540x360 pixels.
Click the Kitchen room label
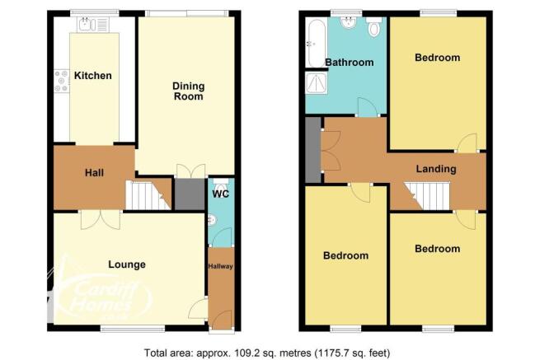pos(93,75)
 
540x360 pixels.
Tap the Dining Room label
pos(188,91)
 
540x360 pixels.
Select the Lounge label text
pos(127,264)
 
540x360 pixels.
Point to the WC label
pos(220,194)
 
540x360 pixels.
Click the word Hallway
pos(220,266)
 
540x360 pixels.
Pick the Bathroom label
pos(350,63)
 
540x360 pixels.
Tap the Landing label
pos(436,169)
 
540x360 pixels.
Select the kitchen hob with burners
pos(62,81)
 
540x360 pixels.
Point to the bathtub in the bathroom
pos(316,43)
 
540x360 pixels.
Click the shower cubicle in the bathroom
pos(317,82)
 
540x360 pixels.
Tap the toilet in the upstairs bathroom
pos(374,26)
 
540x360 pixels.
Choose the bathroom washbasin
pos(349,22)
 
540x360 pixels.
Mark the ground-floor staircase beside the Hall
pos(148,194)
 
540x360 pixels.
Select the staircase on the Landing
pos(427,195)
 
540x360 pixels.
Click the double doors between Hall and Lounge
pos(101,220)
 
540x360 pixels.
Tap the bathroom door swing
pos(368,107)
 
